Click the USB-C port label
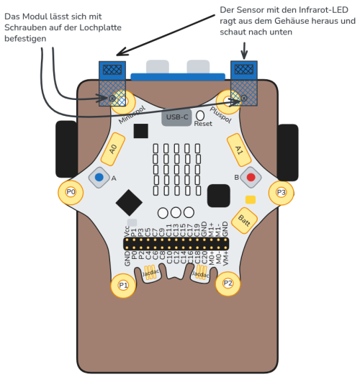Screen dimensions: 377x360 (x=177, y=117)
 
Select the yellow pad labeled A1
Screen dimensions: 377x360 (x=239, y=148)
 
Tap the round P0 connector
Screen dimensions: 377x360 (x=71, y=191)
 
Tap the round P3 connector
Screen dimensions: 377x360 (x=282, y=191)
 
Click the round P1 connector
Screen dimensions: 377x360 (x=123, y=285)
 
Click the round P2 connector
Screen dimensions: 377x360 (x=228, y=283)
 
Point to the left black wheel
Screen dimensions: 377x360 (x=66, y=150)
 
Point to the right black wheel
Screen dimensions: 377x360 (x=287, y=152)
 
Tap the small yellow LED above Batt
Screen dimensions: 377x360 (x=250, y=199)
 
